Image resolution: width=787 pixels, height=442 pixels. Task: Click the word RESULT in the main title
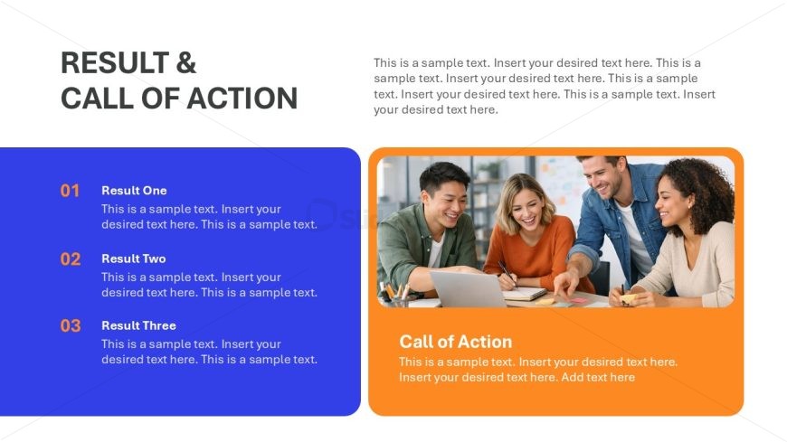click(x=115, y=62)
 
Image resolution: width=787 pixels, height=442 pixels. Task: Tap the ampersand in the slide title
click(x=185, y=62)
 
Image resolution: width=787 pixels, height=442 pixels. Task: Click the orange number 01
click(x=70, y=191)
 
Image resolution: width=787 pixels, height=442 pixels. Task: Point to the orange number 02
click(x=71, y=259)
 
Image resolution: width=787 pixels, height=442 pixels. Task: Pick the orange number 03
click(x=71, y=325)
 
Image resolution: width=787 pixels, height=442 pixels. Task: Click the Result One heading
click(x=134, y=191)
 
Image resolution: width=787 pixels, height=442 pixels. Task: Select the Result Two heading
click(x=134, y=259)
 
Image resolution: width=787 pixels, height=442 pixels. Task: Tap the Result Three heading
click(x=138, y=325)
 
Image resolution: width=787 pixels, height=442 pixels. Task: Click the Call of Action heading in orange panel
click(x=456, y=342)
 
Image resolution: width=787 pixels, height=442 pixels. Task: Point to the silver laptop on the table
click(x=467, y=288)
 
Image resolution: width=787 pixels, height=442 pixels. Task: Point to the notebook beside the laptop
click(x=525, y=294)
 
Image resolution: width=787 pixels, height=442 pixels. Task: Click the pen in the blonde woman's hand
click(x=507, y=274)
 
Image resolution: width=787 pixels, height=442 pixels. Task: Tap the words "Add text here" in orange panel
click(x=598, y=377)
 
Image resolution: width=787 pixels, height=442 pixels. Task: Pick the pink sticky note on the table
click(x=578, y=300)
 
